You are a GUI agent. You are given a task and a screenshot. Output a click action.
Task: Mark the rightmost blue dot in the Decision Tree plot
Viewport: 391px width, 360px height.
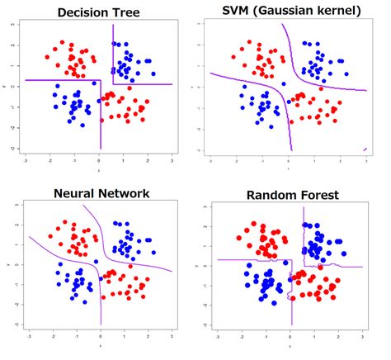150,62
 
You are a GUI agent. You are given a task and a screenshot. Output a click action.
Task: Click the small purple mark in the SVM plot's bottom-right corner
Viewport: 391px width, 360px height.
365,149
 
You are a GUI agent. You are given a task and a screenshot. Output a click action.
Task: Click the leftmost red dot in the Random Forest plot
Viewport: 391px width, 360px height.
239,239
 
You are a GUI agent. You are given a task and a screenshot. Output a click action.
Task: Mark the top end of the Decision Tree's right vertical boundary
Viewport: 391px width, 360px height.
112,25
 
